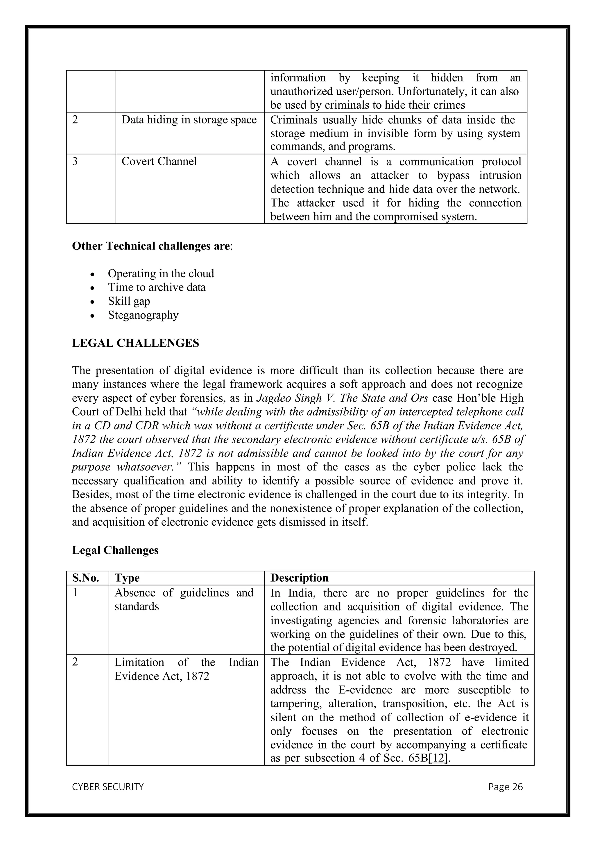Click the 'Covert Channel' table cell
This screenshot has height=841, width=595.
(159, 161)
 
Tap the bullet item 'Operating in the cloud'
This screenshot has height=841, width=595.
(161, 274)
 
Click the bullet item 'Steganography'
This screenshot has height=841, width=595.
(143, 315)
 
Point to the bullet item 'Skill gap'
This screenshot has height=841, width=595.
(129, 301)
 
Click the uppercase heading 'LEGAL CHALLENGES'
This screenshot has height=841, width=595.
(136, 343)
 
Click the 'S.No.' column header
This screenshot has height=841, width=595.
(86, 578)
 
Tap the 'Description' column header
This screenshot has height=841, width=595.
(299, 578)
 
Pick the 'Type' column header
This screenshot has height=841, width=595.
(127, 578)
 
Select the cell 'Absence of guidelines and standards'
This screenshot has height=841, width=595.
(184, 600)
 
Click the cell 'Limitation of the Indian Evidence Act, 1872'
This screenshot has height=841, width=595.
(186, 669)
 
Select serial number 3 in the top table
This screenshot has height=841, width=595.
(75, 161)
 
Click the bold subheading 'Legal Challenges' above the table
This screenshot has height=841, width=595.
(115, 550)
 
